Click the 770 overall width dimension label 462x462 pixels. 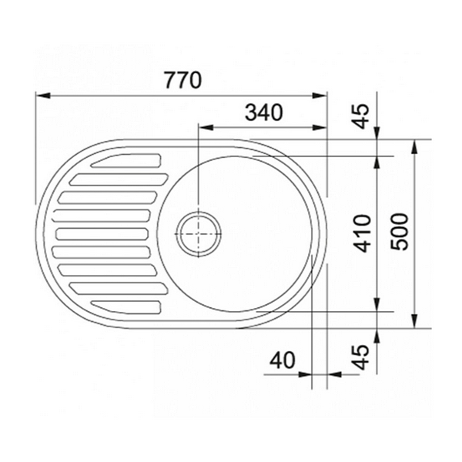183,80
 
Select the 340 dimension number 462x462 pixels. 264,112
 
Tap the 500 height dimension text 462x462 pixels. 400,232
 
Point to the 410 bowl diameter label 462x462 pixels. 363,233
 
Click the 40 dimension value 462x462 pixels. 283,360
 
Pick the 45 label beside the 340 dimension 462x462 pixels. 361,116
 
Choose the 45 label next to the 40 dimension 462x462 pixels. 361,357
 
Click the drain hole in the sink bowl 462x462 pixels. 199,233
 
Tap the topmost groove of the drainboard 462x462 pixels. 126,161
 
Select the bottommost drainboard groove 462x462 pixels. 126,307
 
